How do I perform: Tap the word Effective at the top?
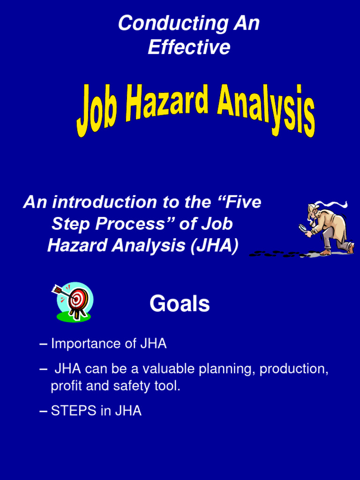coord(189,47)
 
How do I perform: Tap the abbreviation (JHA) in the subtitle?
coord(214,246)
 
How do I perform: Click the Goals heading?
coord(180,304)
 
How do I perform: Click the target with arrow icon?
coord(74,301)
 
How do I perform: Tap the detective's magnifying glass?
coord(303,228)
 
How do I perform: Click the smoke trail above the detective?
coord(333,204)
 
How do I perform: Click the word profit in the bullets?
coord(64,386)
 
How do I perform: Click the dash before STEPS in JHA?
coord(44,411)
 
